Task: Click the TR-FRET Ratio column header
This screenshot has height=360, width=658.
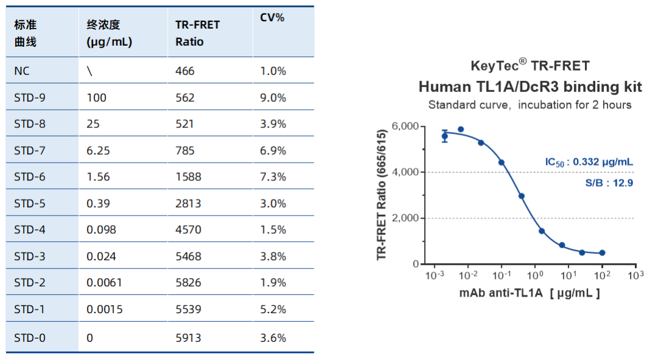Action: click(x=197, y=34)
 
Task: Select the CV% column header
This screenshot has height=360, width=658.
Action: click(x=272, y=18)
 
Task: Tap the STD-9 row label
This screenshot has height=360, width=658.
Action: click(x=30, y=97)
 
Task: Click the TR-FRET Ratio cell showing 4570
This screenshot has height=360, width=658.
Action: click(x=185, y=230)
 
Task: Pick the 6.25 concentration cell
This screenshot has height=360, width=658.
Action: click(x=99, y=150)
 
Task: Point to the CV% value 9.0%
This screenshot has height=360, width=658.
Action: click(x=273, y=97)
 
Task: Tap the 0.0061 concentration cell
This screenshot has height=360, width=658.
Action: click(x=105, y=283)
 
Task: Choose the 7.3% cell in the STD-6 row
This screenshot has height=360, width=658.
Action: click(x=273, y=177)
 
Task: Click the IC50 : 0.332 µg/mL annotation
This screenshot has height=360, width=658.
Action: click(x=589, y=162)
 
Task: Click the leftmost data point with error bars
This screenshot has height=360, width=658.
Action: click(x=445, y=136)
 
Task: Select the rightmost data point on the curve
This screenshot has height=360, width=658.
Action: click(x=602, y=253)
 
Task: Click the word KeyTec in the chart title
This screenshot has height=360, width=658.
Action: click(x=493, y=65)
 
